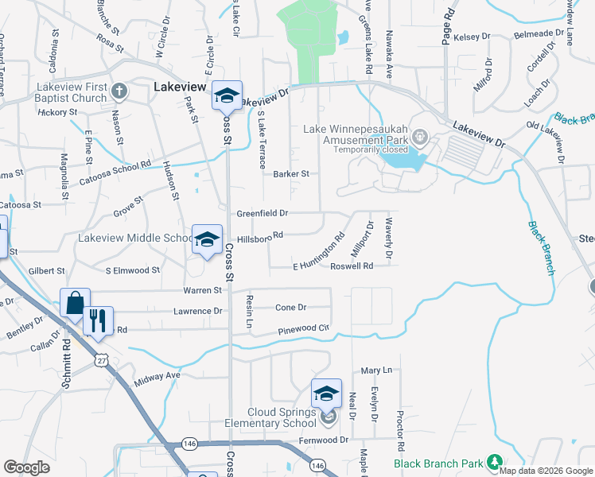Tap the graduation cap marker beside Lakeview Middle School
point(208,239)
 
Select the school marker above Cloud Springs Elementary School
point(326,394)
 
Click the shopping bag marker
point(75,303)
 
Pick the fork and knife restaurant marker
point(98,320)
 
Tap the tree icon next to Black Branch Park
point(494,462)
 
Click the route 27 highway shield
point(100,359)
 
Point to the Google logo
point(26,467)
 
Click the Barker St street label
point(290,173)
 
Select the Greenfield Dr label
point(262,213)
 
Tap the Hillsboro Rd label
point(260,236)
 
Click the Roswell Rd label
point(352,266)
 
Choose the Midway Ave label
point(163,374)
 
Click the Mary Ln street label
point(377,370)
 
